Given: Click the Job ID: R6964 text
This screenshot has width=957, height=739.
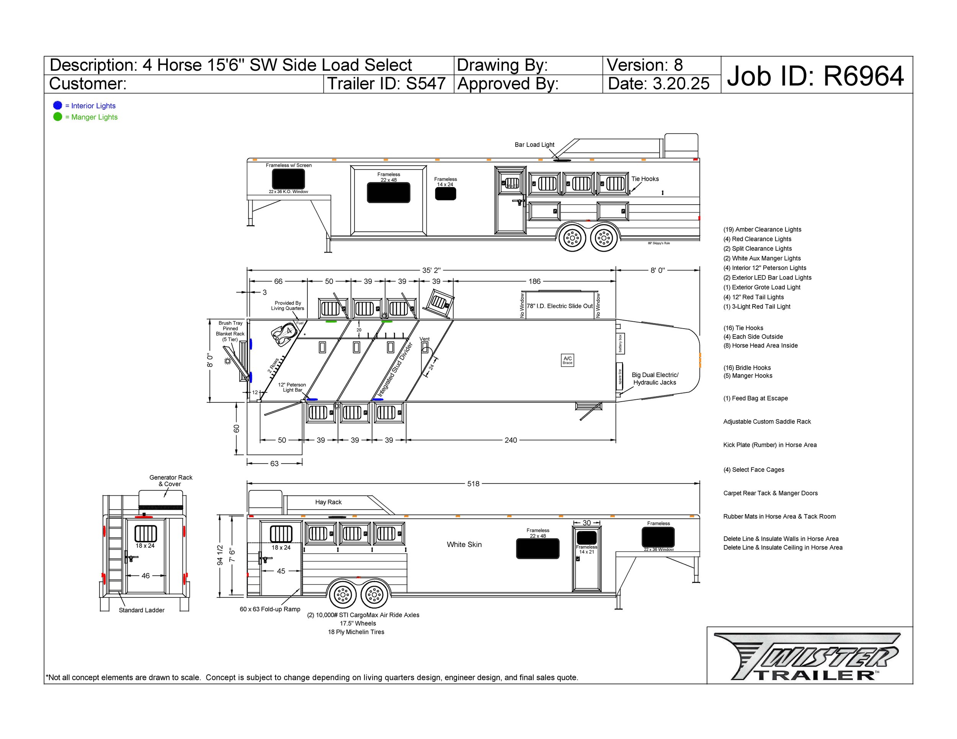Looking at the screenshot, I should (x=815, y=76).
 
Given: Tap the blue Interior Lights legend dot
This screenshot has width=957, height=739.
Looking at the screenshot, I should (x=57, y=106).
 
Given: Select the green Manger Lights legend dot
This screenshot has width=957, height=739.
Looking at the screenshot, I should (x=57, y=117).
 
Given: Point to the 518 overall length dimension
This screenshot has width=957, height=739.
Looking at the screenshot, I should (x=473, y=484).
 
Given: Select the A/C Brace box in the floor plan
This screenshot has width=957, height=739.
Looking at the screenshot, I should (x=567, y=360).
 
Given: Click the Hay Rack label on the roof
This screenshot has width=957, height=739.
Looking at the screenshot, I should (x=328, y=502).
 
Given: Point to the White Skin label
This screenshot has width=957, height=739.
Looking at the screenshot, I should (x=464, y=545).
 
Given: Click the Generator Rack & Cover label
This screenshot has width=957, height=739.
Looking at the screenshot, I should (x=170, y=481).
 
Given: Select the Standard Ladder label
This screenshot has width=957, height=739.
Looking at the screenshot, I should (x=142, y=610).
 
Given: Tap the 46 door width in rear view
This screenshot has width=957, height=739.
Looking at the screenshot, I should (x=145, y=576).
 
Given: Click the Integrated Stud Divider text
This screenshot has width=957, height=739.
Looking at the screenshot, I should (x=395, y=369).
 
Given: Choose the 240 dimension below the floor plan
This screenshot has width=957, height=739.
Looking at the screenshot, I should (x=511, y=440).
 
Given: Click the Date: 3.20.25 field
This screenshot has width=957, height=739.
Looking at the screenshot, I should (x=658, y=84).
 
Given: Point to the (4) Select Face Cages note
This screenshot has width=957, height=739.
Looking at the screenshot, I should (x=754, y=470).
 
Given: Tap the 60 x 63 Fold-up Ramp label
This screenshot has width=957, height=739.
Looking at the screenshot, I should (x=270, y=609).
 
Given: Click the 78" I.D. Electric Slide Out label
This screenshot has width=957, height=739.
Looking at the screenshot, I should (x=560, y=306).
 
